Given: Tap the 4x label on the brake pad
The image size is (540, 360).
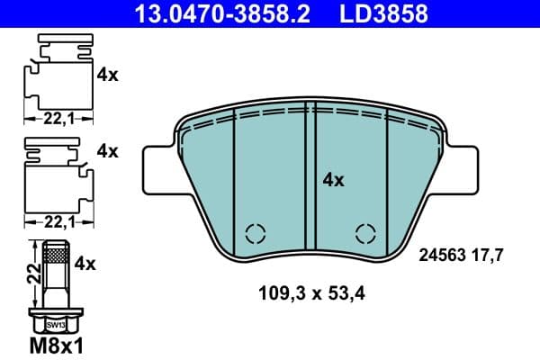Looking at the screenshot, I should coord(333,180).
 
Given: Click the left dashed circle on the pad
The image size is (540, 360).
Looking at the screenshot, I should coord(253,233).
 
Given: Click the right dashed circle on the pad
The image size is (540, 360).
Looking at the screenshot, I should coord(365,233).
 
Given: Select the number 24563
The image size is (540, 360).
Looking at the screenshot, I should coord(442,255).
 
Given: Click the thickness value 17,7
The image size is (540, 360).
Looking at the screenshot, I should coord(485,255).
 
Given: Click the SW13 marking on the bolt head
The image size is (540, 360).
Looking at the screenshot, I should coord(55,324).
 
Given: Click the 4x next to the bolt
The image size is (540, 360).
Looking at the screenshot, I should coord(85,264).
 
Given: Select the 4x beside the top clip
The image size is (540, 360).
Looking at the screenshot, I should coord(107,76).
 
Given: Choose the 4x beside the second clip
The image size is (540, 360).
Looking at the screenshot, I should coord(107,151).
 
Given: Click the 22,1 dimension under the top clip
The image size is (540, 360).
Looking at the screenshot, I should coord(55,118).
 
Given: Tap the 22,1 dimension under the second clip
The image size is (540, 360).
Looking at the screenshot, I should coord(55,222).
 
